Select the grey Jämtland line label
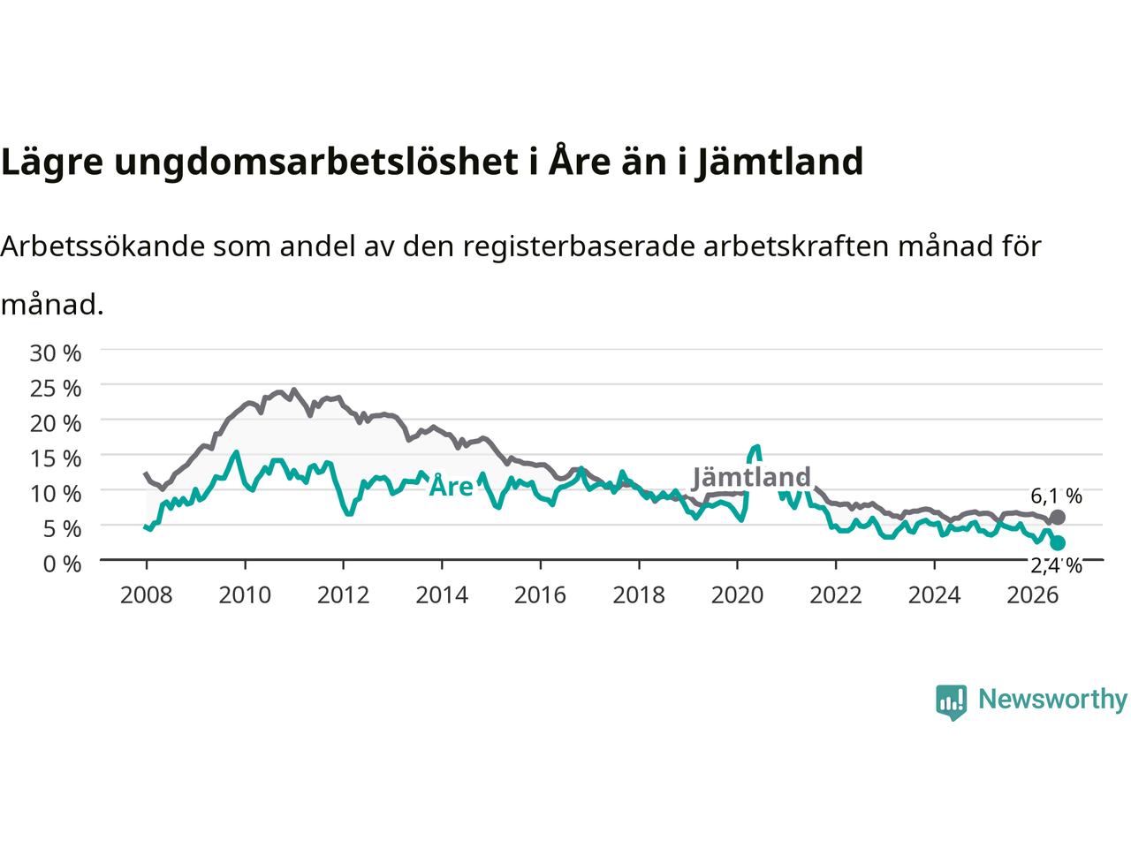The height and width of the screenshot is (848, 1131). pyautogui.click(x=751, y=477)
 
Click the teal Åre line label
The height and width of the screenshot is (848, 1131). pyautogui.click(x=451, y=485)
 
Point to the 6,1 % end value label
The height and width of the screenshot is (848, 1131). pyautogui.click(x=1056, y=496)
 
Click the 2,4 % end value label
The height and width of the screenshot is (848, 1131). pyautogui.click(x=1056, y=566)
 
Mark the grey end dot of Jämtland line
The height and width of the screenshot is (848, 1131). pyautogui.click(x=1058, y=518)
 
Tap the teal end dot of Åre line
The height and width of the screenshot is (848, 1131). pyautogui.click(x=1058, y=542)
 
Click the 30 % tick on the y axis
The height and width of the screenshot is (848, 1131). pyautogui.click(x=56, y=353)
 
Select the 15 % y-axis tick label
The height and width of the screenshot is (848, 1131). pyautogui.click(x=56, y=458)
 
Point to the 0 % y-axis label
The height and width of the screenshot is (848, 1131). pyautogui.click(x=63, y=564)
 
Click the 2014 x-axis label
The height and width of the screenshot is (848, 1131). pyautogui.click(x=442, y=595)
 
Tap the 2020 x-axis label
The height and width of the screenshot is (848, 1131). pyautogui.click(x=737, y=595)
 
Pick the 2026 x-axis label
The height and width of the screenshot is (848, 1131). pyautogui.click(x=1033, y=595)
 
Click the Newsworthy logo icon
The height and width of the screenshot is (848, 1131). pyautogui.click(x=951, y=702)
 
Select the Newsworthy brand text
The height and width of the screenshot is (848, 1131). pyautogui.click(x=1053, y=700)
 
